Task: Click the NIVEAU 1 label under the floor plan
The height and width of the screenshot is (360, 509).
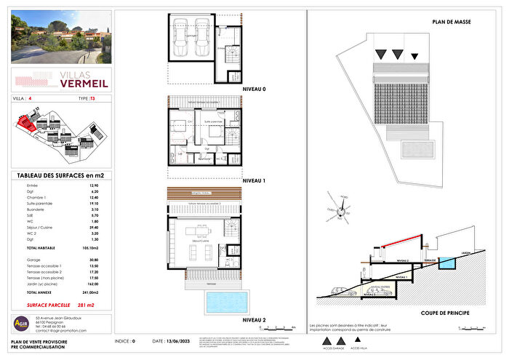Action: click(x=254, y=180)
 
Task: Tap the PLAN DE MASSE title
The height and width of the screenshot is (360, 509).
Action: click(x=452, y=23)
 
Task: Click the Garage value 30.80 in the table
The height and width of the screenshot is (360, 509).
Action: click(x=92, y=260)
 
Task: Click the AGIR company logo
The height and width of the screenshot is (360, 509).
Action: click(x=21, y=323)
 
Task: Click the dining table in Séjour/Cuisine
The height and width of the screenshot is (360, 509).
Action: click(x=195, y=233)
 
